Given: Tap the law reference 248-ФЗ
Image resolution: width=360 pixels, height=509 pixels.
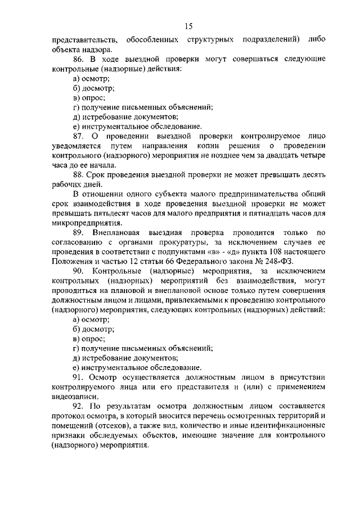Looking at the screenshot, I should tap(280, 262).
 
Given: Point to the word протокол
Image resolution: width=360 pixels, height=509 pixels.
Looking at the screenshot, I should tap(69, 416).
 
